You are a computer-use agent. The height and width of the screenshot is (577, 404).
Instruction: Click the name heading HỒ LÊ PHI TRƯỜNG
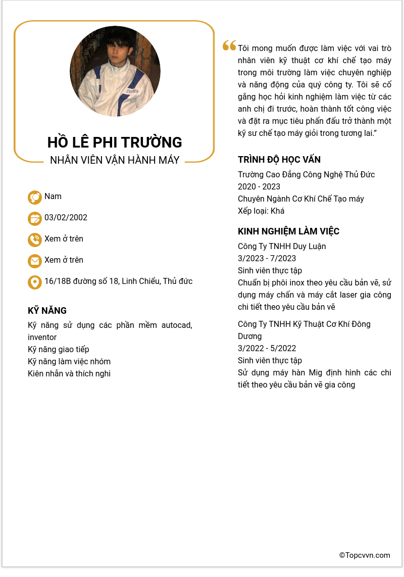115,142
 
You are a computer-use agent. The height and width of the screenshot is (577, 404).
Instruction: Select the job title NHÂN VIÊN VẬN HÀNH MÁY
115,160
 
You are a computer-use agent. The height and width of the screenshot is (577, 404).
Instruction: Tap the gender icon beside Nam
34,197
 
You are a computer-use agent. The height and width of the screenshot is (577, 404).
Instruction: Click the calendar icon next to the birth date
34,218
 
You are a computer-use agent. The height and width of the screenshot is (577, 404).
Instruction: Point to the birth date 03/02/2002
66,218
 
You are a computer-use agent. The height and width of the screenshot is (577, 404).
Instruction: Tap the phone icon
34,239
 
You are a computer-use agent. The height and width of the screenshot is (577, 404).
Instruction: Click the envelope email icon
34,261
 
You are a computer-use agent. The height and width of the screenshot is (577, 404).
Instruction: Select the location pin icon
34,282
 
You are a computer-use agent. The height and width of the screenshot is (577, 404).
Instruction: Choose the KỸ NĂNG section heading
47,311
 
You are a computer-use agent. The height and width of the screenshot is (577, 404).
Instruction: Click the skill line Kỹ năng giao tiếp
58,349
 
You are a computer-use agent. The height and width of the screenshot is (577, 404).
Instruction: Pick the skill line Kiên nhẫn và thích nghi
69,373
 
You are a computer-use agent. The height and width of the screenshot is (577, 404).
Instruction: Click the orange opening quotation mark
229,46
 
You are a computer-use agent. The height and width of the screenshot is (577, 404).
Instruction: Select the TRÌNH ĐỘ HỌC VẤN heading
279,160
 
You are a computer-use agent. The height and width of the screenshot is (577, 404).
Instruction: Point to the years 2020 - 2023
259,186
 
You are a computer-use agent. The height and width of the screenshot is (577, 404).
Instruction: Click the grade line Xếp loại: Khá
261,211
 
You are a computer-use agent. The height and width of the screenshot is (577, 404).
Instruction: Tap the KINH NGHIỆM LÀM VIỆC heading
288,231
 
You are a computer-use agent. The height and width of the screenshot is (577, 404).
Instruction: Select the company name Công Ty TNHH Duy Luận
282,246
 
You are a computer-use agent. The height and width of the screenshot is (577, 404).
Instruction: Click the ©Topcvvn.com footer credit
365,555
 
